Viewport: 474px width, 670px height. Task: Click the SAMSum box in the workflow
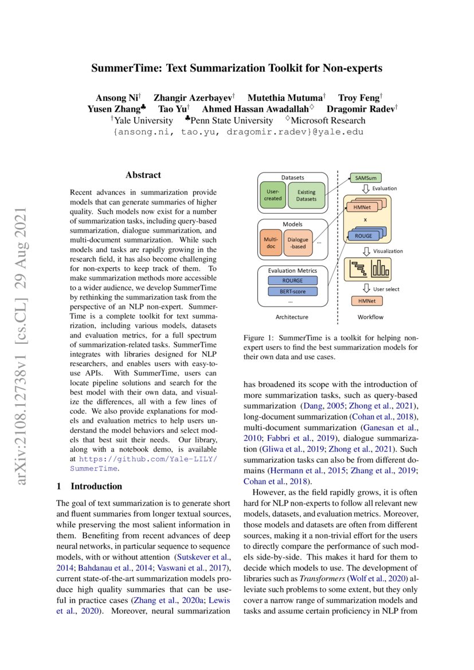pyautogui.click(x=365, y=178)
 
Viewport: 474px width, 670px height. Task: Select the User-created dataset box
pyautogui.click(x=272, y=195)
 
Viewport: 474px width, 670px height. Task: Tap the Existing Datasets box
pyautogui.click(x=305, y=195)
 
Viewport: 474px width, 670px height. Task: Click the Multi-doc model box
pyautogui.click(x=270, y=243)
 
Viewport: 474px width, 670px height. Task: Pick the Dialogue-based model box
pyautogui.click(x=298, y=243)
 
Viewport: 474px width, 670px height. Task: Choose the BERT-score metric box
pyautogui.click(x=292, y=291)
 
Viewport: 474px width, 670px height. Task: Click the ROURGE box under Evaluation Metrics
pyautogui.click(x=292, y=280)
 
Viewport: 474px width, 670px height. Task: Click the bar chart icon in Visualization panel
pyautogui.click(x=380, y=267)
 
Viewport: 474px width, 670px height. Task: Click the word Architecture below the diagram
pyautogui.click(x=292, y=316)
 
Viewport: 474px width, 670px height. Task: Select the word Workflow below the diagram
pyautogui.click(x=370, y=316)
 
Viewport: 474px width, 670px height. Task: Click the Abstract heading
pyautogui.click(x=143, y=175)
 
